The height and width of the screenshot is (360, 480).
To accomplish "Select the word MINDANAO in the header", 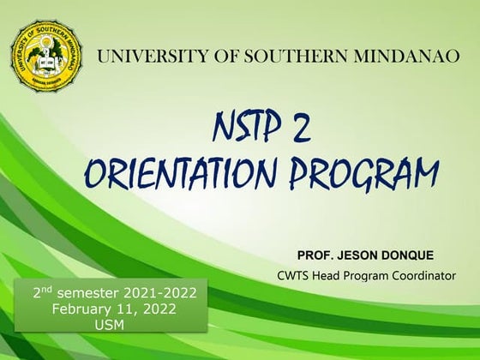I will coord(381,58).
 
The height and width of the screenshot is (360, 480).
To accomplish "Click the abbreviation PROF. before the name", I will coord(316,255).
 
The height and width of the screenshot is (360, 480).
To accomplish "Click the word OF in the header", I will coord(214,58).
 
